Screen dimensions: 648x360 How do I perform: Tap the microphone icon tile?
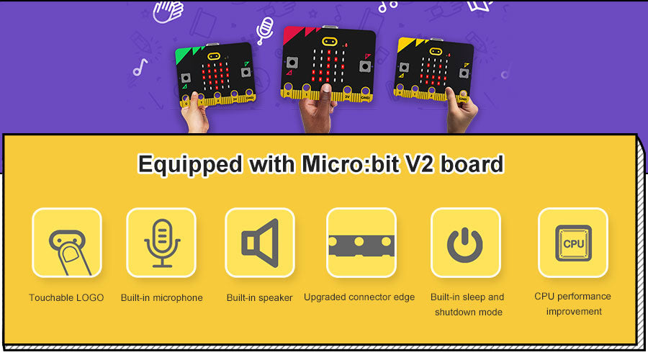161,243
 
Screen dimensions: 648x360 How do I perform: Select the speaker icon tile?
259,243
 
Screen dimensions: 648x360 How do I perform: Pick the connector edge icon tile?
361,243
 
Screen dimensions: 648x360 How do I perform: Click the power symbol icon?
465,245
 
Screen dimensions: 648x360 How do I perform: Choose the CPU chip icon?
573,243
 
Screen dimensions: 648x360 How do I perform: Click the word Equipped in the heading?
190,165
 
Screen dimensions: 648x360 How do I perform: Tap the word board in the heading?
472,163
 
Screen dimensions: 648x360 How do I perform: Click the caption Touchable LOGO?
66,297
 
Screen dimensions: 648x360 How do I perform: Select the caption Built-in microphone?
161,297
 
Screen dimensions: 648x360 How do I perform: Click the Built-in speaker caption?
259,297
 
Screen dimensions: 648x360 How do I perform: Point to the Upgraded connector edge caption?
359,297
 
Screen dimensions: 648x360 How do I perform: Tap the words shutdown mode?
469,312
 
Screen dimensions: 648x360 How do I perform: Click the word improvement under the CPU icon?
574,312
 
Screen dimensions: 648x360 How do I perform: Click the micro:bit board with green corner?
215,75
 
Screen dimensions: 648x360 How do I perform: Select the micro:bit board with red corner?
329,63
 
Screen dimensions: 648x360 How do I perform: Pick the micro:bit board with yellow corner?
433,69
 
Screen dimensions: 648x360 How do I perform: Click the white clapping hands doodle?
168,11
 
